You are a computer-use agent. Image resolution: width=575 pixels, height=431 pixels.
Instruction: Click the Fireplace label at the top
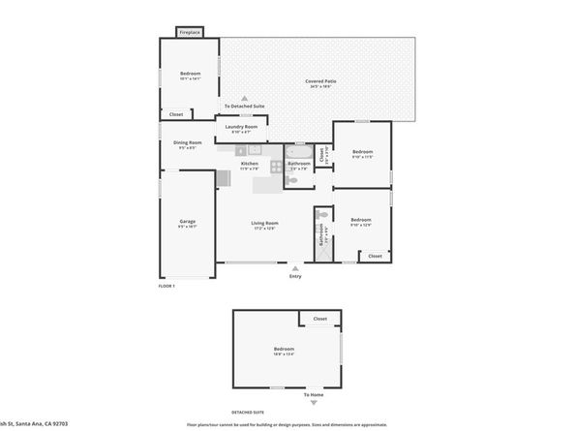coord(189,32)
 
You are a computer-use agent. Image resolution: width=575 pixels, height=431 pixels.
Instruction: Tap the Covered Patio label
coord(319,81)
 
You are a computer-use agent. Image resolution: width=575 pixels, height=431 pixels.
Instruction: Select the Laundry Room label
coord(241,127)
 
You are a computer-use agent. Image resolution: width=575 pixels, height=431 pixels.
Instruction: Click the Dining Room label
coord(187,143)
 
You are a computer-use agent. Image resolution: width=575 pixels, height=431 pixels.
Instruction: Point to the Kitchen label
coord(250,164)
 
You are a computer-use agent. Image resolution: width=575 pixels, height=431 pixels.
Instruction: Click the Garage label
coord(187,222)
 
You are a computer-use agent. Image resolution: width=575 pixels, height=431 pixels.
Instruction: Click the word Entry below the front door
coord(295,277)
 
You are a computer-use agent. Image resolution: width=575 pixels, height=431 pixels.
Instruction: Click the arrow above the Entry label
coord(295,267)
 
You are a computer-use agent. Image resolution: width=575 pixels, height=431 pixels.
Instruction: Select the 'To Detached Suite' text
coord(244,106)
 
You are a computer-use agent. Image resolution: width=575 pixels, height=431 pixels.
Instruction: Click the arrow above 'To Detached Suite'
coord(244,98)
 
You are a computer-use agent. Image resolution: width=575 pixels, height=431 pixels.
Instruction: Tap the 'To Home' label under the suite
coord(314,395)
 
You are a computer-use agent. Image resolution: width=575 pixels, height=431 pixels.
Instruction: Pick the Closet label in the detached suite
coord(319,319)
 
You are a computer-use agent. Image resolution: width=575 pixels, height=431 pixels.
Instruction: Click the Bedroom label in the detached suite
coord(284,349)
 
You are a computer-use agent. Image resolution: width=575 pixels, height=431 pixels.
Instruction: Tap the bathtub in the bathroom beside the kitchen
coord(298,152)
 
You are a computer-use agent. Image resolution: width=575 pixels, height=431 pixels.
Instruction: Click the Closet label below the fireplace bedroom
coord(176,114)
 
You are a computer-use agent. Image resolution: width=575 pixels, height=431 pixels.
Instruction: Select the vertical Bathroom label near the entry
coord(321,235)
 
